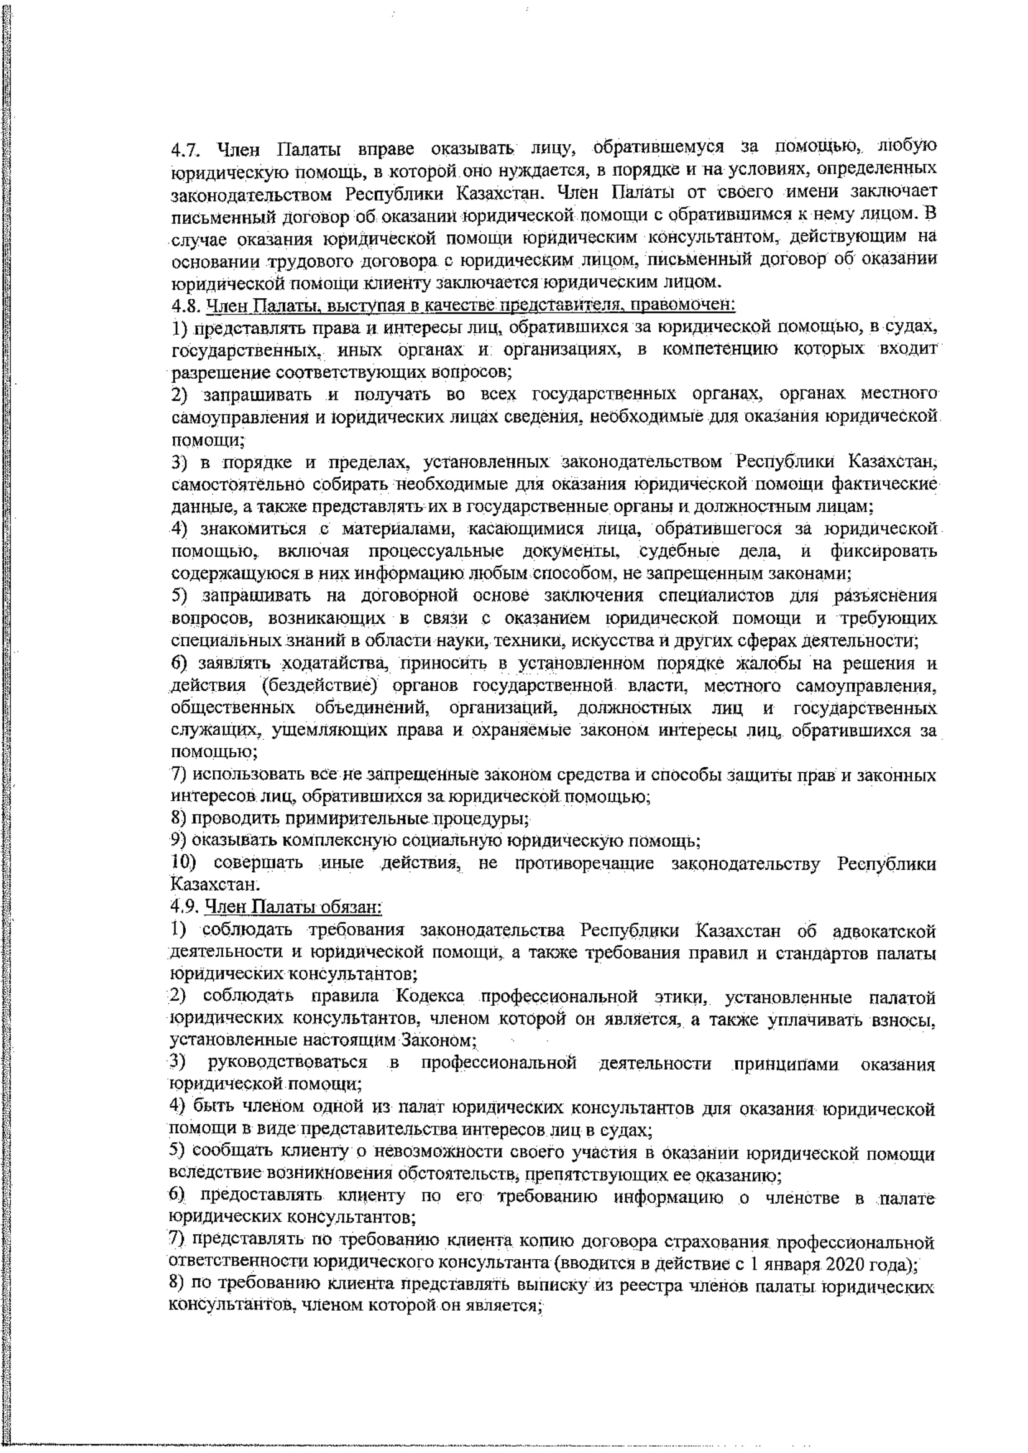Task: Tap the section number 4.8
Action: pyautogui.click(x=185, y=306)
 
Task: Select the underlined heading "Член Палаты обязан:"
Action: pyautogui.click(x=294, y=907)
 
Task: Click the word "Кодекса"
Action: pyautogui.click(x=429, y=996)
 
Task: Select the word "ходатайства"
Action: pyautogui.click(x=332, y=664)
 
